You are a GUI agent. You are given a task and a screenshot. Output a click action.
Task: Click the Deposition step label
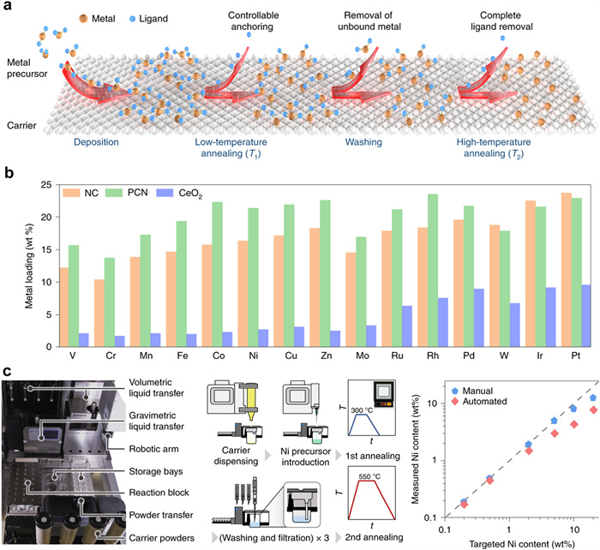(97, 143)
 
